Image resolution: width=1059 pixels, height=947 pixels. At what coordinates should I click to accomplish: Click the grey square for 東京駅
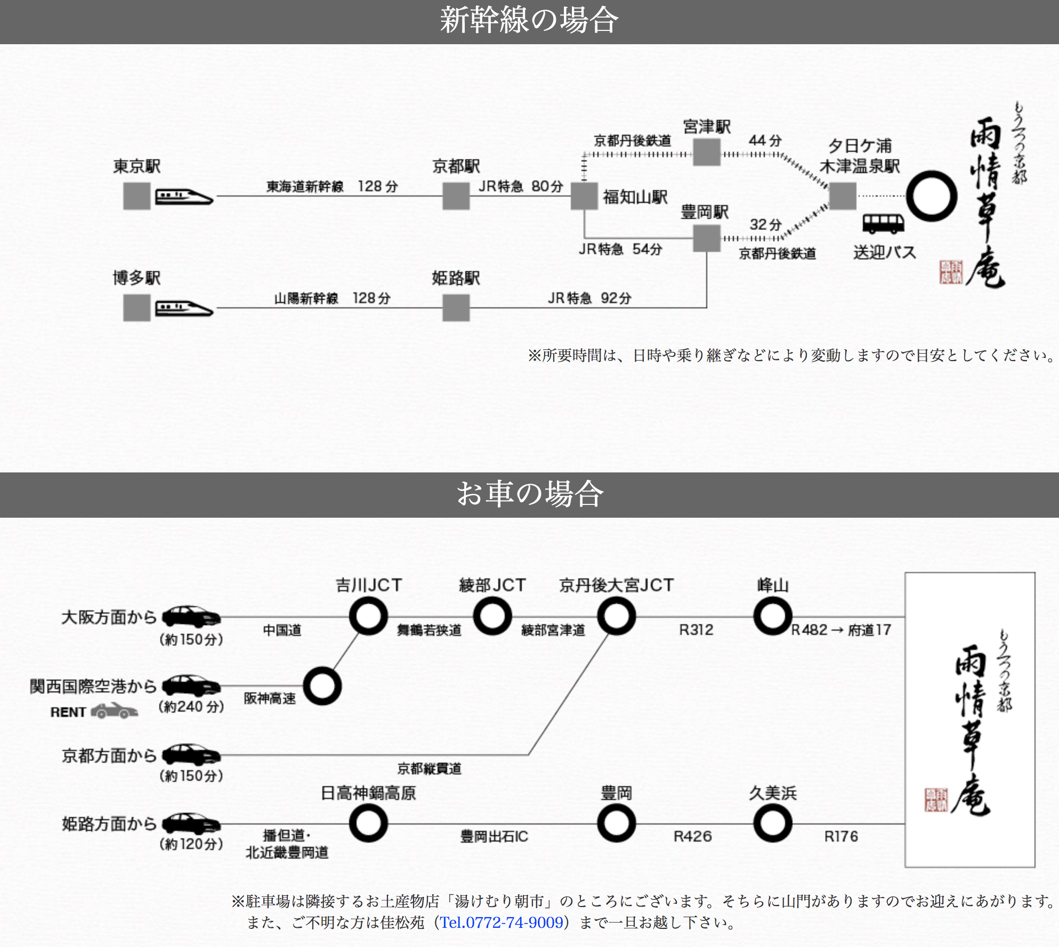click(136, 196)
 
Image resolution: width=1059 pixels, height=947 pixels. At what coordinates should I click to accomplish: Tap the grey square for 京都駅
click(456, 196)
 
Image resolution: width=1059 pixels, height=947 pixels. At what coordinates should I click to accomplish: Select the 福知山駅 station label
click(635, 197)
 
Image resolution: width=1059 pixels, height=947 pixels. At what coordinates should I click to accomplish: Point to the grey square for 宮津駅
click(707, 152)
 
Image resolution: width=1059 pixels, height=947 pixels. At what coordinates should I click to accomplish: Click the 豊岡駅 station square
click(707, 238)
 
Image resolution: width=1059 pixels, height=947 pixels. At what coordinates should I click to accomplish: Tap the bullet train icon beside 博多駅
click(184, 308)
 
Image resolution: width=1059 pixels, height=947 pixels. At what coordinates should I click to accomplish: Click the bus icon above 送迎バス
click(883, 224)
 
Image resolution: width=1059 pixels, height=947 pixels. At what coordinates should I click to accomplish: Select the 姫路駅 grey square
click(456, 308)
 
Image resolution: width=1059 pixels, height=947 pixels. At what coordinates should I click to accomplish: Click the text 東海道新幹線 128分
click(332, 186)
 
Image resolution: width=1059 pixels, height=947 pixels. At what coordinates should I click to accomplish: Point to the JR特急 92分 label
click(589, 298)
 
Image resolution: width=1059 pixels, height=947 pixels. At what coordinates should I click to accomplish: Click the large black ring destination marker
click(931, 196)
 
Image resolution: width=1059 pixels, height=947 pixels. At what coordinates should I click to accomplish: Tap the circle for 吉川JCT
click(368, 616)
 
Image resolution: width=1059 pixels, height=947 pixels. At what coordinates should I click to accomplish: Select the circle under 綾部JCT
click(492, 616)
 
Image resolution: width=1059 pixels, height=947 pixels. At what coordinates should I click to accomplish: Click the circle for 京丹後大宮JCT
click(616, 616)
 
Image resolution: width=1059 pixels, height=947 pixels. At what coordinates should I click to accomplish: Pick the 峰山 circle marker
click(772, 616)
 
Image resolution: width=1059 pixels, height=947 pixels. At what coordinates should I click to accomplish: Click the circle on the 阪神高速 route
click(322, 686)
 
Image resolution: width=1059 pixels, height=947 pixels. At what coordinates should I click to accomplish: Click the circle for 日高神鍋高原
click(368, 823)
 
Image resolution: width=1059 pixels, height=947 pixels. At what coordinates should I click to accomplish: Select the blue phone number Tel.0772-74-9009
click(502, 922)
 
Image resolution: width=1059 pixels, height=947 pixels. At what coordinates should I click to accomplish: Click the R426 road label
click(692, 836)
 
